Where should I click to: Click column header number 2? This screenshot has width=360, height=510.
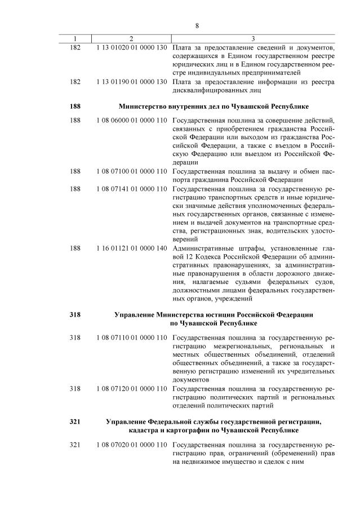click(x=131, y=39)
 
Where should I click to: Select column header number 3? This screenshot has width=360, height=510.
click(x=253, y=39)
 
